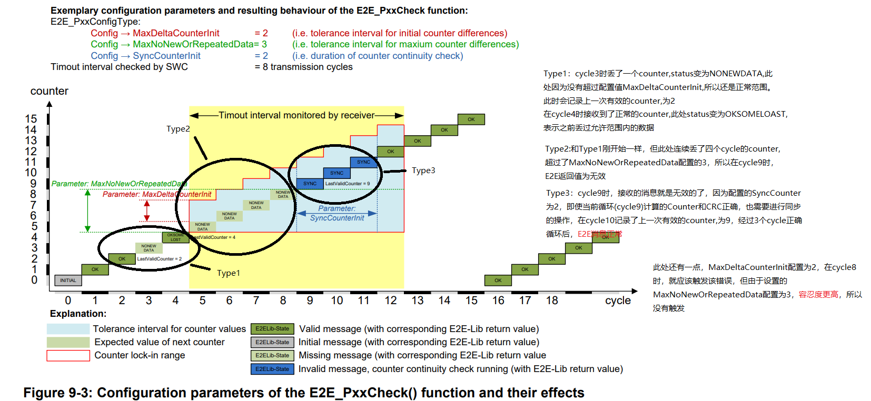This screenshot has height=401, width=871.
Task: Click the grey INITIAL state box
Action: click(68, 280)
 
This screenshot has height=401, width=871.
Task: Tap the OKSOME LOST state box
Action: click(175, 237)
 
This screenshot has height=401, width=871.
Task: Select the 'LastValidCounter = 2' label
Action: click(159, 259)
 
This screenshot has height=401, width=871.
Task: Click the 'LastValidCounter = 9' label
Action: click(348, 184)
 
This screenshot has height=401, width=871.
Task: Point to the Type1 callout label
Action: click(229, 273)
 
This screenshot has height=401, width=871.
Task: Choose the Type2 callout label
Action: click(178, 129)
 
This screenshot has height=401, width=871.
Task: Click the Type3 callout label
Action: click(423, 171)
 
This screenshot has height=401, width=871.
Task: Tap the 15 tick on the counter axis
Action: click(31, 119)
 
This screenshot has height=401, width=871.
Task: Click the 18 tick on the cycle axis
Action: click(552, 300)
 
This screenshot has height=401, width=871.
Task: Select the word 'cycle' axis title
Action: click(618, 300)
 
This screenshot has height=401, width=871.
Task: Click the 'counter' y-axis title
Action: click(50, 91)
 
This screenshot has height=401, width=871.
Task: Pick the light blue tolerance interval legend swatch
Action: click(68, 329)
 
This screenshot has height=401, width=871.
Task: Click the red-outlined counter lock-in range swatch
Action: click(68, 356)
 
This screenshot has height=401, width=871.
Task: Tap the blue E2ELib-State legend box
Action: click(272, 369)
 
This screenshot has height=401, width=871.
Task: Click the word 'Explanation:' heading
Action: click(78, 314)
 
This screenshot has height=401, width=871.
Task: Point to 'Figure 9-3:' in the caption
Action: click(58, 393)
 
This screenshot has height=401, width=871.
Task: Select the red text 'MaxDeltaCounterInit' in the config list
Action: click(176, 33)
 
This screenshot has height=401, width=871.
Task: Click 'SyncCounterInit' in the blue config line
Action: click(166, 56)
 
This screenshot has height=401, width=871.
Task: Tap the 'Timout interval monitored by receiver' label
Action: click(296, 115)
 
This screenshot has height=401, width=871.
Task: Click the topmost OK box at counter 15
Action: click(471, 119)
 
